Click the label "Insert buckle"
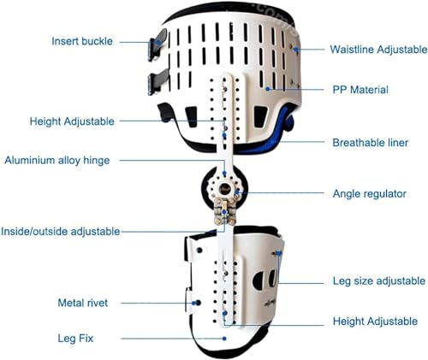click(82, 41)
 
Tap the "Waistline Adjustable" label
click(378, 50)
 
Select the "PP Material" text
click(360, 90)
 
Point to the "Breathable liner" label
click(371, 143)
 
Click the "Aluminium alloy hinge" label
click(57, 160)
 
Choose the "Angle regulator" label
click(370, 194)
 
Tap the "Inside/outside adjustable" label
click(61, 231)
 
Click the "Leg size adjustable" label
click(379, 281)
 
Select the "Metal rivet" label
click(83, 303)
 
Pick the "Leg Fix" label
click(75, 339)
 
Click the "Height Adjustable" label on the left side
click(72, 121)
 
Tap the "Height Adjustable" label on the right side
click(375, 322)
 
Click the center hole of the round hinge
click(224, 188)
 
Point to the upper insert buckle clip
click(157, 44)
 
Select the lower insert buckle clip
click(158, 81)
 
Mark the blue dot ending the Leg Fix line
click(224, 339)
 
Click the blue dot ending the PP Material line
click(268, 89)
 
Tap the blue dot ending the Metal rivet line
click(193, 303)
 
